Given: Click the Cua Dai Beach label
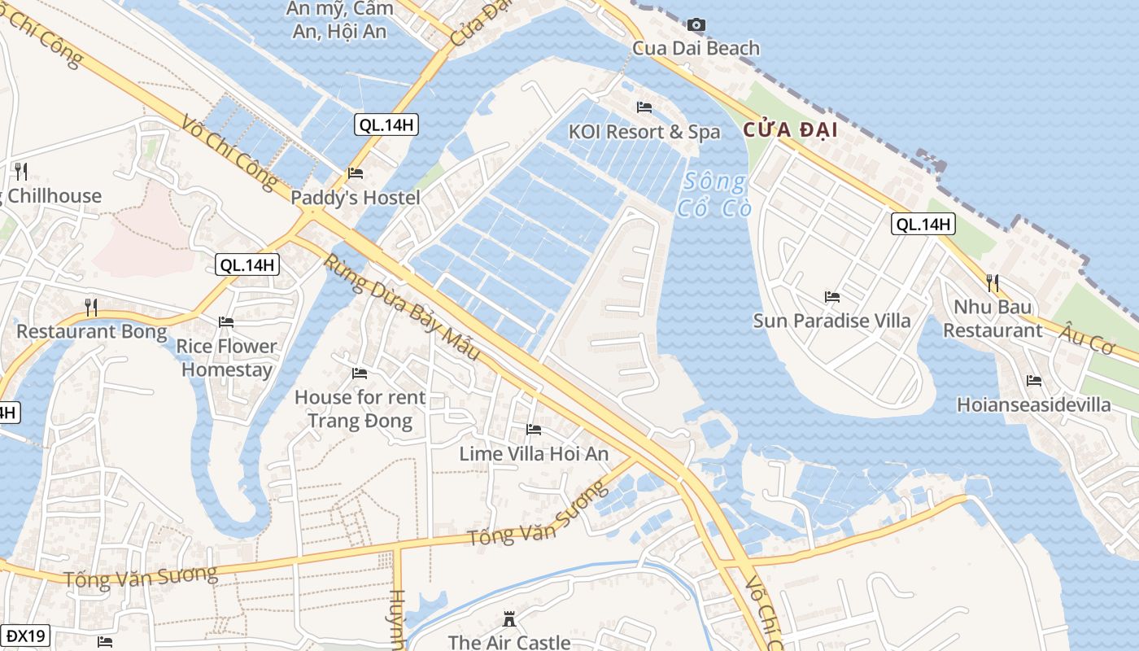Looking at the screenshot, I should [x=696, y=48].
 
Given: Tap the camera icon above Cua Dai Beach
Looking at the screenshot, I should [x=696, y=25].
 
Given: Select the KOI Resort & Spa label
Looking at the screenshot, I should [x=644, y=132].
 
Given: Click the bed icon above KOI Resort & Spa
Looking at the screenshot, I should [x=644, y=107].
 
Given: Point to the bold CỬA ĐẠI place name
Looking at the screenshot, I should [x=790, y=129].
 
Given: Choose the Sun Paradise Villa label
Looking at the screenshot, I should [x=831, y=321].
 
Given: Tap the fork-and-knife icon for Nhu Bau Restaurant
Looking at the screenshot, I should [x=993, y=283].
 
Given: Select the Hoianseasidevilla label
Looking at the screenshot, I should [x=1033, y=404].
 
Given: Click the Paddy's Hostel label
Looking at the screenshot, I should [x=356, y=198].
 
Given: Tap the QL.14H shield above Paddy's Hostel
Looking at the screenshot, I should [x=386, y=125].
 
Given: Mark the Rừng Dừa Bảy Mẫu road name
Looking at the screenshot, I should [x=403, y=308].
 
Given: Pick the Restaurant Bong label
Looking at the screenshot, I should [x=91, y=332].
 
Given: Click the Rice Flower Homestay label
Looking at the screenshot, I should [x=227, y=358].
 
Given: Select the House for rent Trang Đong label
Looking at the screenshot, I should [x=360, y=409].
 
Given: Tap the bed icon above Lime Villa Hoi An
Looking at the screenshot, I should [x=534, y=430].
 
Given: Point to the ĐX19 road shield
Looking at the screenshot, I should [x=24, y=636].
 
